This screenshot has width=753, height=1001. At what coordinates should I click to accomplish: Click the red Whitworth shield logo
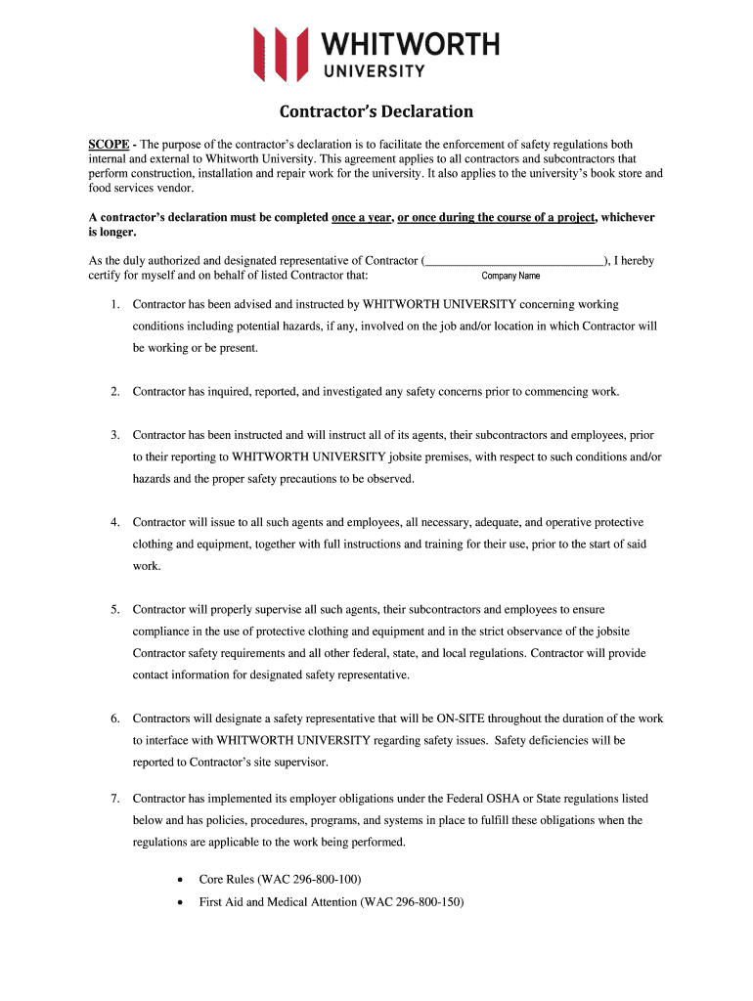(x=281, y=52)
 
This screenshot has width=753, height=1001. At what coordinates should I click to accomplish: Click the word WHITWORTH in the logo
(x=411, y=44)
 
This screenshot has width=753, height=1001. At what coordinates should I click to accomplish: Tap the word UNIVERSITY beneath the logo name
(x=374, y=70)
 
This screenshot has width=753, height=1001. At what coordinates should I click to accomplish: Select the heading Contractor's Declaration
(x=376, y=111)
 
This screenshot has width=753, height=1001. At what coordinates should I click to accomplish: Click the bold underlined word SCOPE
(x=109, y=144)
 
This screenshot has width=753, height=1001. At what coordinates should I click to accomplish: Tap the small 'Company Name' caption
(x=510, y=276)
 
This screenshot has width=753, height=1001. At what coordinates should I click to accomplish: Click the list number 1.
(x=114, y=305)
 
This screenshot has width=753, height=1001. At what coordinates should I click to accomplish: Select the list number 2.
(x=114, y=392)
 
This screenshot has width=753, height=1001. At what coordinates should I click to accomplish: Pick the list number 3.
(x=114, y=435)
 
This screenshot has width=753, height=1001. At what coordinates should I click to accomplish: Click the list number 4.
(x=114, y=523)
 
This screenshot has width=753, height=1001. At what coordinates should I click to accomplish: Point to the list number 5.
(x=114, y=610)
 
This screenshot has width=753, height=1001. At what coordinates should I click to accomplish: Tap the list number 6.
(x=114, y=718)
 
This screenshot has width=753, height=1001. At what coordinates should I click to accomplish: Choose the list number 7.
(x=114, y=799)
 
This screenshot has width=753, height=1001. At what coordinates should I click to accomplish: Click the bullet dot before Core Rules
(x=178, y=880)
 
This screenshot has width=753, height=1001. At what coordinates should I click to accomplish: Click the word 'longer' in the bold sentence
(x=118, y=233)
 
